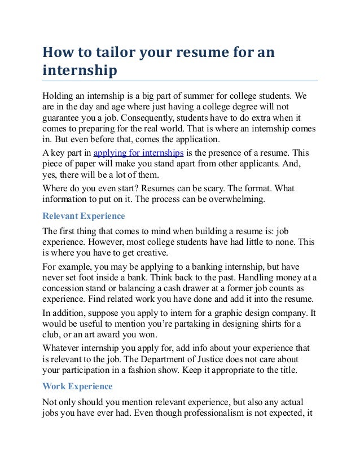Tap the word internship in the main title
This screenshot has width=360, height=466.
tap(80, 72)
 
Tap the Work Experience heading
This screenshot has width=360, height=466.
tap(78, 386)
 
